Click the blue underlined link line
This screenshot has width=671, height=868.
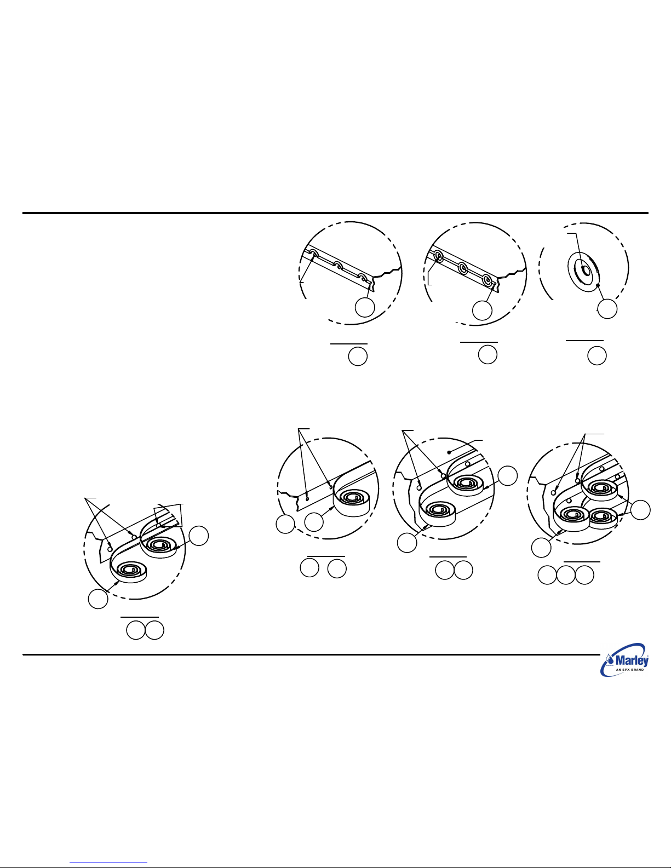point(108,863)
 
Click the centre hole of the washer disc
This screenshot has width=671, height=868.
point(586,271)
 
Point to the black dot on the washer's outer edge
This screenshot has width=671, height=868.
point(597,285)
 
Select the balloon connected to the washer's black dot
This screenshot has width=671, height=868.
point(607,309)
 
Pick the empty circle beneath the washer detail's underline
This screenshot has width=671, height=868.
point(597,355)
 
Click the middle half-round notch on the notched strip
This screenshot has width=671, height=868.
point(339,265)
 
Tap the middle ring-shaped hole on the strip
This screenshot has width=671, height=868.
point(463,268)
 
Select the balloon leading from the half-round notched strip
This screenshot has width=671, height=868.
point(365,307)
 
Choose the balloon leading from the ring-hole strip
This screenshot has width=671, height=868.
point(482,311)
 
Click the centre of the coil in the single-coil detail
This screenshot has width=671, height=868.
point(352,498)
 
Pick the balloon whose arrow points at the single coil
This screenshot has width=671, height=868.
point(313,522)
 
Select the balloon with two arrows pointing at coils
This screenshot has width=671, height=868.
point(640,510)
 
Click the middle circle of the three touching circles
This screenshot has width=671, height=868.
point(565,575)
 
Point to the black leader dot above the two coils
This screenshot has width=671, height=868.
point(449,452)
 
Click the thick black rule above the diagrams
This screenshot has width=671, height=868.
point(335,213)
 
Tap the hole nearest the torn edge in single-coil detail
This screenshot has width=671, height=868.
point(307,499)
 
